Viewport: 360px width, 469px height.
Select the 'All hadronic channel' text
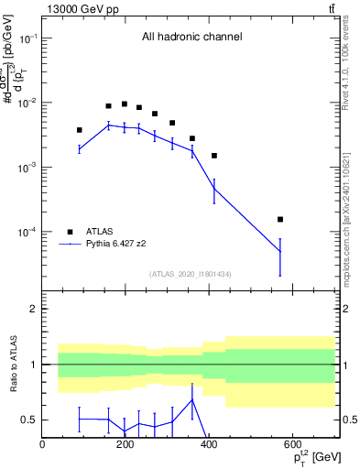tap(191, 38)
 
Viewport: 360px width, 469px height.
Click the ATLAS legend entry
tap(101, 232)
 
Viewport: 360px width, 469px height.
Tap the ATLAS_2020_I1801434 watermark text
tap(190, 274)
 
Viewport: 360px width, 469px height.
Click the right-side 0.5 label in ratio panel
tap(348, 420)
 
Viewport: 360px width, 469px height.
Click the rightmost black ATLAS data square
tap(280, 219)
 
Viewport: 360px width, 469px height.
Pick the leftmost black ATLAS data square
tap(80, 130)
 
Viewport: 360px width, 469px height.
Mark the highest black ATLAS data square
tap(125, 104)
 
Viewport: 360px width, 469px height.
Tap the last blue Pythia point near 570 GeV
tap(280, 252)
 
